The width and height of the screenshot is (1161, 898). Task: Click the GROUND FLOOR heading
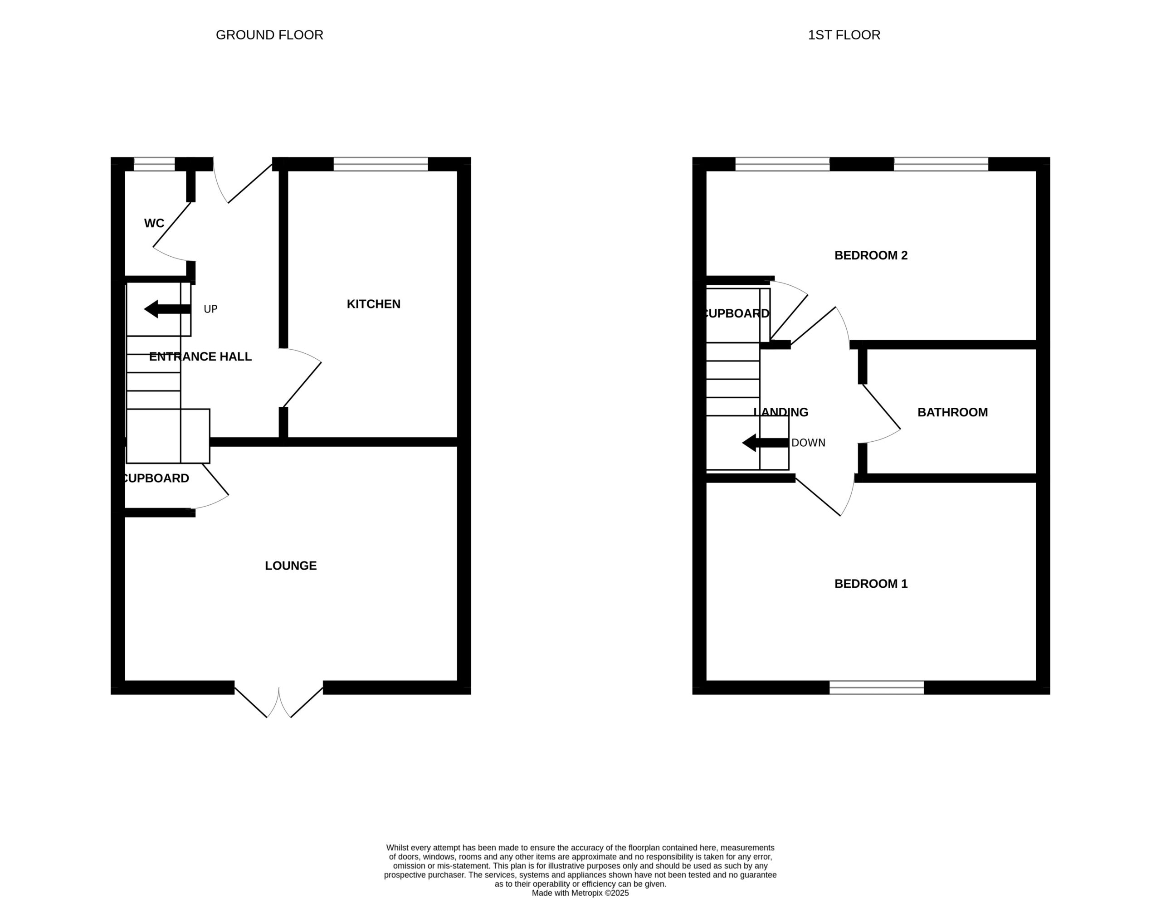(x=269, y=35)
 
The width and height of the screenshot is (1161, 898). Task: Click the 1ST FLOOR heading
(x=844, y=35)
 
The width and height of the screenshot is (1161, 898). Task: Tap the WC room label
(x=154, y=223)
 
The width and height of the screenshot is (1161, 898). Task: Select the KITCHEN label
(x=374, y=304)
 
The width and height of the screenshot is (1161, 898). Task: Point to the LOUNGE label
(x=291, y=566)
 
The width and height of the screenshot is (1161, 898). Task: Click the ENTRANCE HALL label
(x=200, y=357)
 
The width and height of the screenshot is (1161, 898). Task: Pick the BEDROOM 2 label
(x=871, y=256)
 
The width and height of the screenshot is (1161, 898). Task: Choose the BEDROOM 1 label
(x=871, y=584)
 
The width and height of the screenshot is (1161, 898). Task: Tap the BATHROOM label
(x=953, y=413)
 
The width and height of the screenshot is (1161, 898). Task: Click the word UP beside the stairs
(x=210, y=309)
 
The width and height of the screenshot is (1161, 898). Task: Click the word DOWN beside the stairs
(x=809, y=443)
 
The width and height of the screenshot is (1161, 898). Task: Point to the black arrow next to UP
(x=167, y=309)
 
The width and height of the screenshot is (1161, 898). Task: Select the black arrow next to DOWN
(x=766, y=443)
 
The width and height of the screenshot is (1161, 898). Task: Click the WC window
(x=154, y=164)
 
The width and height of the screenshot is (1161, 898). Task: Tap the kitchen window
(x=380, y=164)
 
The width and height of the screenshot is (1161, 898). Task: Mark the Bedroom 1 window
(x=877, y=688)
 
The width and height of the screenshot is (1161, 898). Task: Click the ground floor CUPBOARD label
(x=156, y=478)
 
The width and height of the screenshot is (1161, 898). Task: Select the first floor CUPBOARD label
(x=737, y=314)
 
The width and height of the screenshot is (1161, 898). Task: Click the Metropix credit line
(x=580, y=893)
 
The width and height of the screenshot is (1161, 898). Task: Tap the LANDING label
(x=781, y=413)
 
